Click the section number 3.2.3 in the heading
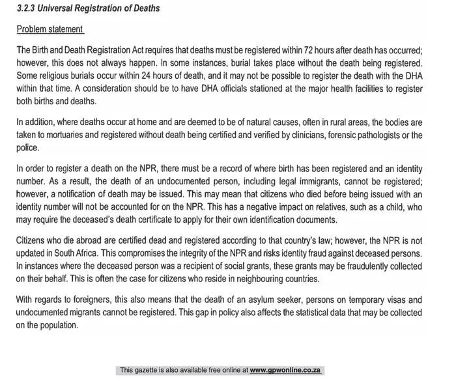tap(27, 9)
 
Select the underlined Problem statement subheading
tap(50, 29)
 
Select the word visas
tap(394, 300)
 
